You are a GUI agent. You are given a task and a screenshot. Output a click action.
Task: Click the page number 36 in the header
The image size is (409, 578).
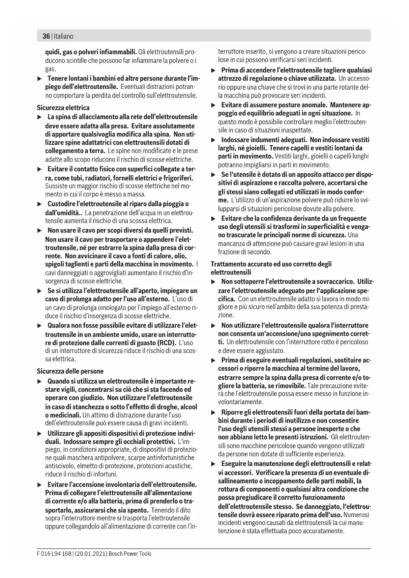pos(46,36)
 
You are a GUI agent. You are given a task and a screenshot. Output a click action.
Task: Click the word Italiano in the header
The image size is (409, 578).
pos(64,36)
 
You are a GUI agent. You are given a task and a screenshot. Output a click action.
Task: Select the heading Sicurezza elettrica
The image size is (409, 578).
pos(63,108)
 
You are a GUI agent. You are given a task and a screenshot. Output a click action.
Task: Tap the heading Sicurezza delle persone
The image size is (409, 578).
pos(70,371)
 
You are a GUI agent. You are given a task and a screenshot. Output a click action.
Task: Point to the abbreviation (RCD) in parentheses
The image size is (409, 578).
pos(166,342)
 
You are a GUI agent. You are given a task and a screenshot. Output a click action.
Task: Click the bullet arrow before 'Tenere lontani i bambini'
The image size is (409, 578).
pos(40,79)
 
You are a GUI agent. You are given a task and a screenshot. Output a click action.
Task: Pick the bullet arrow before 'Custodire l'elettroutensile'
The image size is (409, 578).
pos(40,204)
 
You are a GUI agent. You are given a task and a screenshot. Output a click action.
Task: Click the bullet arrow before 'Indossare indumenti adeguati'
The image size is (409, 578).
pos(213,140)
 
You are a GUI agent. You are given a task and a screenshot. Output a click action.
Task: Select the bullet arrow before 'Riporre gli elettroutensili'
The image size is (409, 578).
pos(213,413)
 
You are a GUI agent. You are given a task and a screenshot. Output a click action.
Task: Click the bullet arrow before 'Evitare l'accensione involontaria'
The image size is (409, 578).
pos(40,485)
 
